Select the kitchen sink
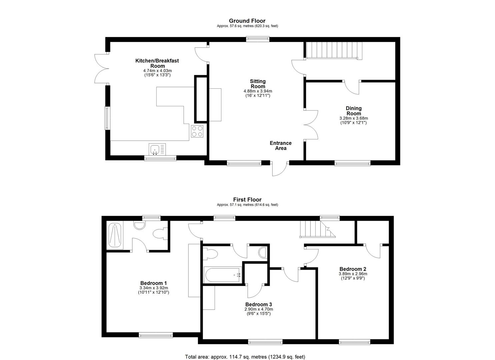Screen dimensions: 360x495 155,149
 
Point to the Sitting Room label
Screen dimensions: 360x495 258,84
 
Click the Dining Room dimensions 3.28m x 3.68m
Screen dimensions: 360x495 353,118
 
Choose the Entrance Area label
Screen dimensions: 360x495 280,146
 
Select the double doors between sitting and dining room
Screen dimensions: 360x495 311,124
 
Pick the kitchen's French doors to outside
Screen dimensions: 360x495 101,68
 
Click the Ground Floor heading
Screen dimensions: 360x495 247,21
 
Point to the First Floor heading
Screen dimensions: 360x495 247,200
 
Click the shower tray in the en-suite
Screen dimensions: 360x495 115,235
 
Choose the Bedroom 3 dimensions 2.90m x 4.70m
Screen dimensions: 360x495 258,309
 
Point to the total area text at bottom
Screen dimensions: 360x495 245,357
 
